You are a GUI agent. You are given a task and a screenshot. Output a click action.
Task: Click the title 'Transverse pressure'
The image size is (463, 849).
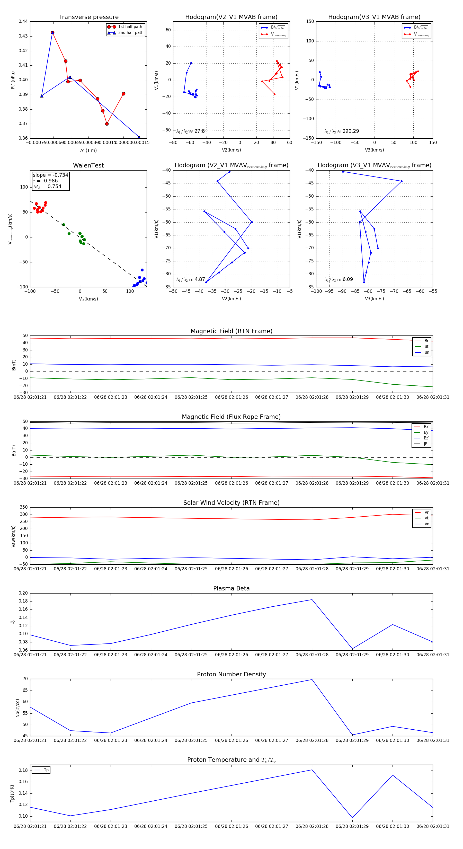pyautogui.click(x=88, y=17)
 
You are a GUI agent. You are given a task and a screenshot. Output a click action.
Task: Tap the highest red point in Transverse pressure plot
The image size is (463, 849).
pyautogui.click(x=52, y=33)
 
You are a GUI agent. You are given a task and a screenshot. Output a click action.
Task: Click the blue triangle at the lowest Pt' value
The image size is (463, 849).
pyautogui.click(x=139, y=137)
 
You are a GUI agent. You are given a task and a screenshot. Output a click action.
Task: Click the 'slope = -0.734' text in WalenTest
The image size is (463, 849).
pyautogui.click(x=50, y=175)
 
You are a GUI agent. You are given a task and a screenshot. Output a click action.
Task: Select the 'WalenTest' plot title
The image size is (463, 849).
pyautogui.click(x=88, y=165)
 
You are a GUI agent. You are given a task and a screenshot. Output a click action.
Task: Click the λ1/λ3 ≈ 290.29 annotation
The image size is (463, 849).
pyautogui.click(x=342, y=131)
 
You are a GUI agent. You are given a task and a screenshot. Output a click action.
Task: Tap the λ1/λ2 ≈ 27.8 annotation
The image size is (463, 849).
pyautogui.click(x=190, y=131)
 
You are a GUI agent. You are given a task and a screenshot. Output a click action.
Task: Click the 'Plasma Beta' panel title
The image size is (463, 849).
pyautogui.click(x=231, y=589)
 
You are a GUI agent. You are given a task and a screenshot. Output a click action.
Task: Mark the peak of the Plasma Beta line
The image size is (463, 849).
pyautogui.click(x=312, y=599)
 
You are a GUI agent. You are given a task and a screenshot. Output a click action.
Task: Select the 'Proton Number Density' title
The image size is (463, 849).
pyautogui.click(x=231, y=674)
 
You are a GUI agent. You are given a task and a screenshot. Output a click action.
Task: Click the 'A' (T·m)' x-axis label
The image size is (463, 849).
pyautogui.click(x=88, y=150)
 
